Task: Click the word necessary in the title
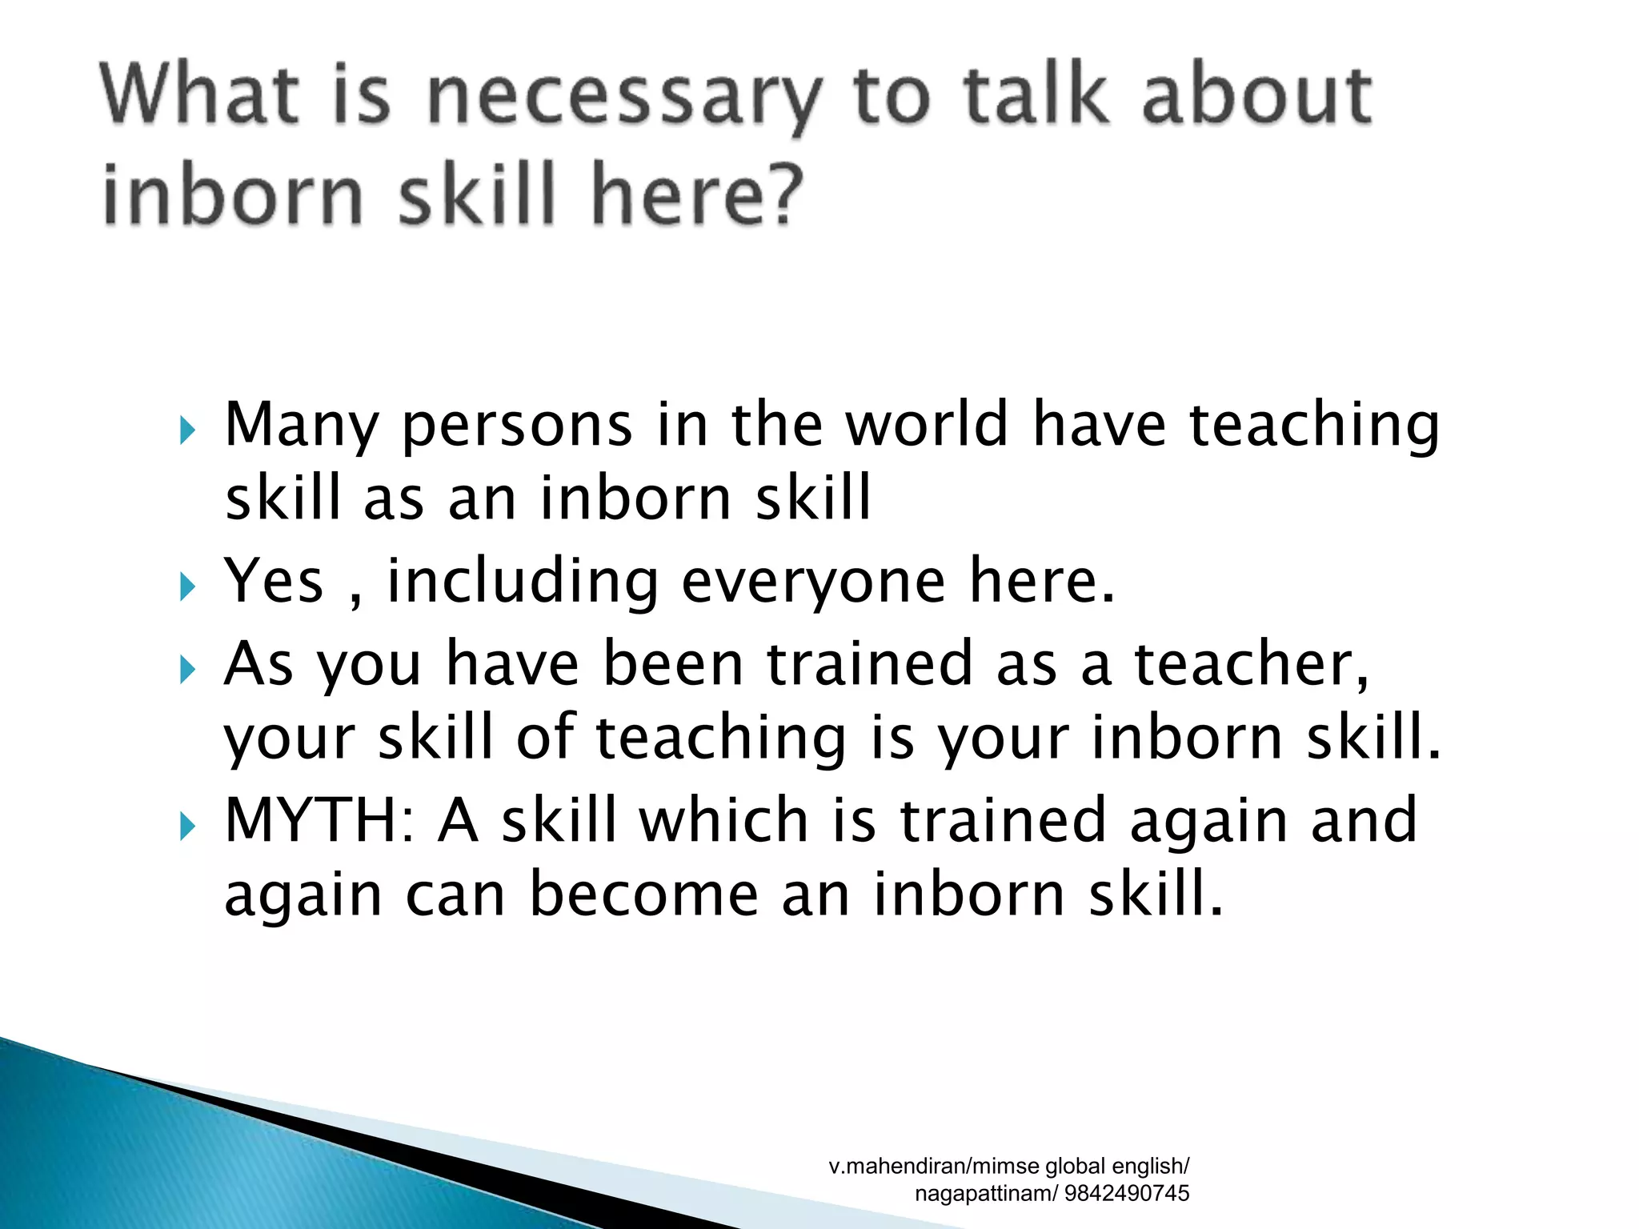pyautogui.click(x=624, y=100)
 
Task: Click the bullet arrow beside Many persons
pyautogui.click(x=187, y=432)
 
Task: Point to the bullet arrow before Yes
pyautogui.click(x=187, y=589)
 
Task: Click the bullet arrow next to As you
pyautogui.click(x=187, y=670)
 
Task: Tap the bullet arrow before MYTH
pyautogui.click(x=187, y=827)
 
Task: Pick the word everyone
pyautogui.click(x=813, y=582)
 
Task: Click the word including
pyautogui.click(x=523, y=582)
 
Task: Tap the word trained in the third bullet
pyautogui.click(x=869, y=663)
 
